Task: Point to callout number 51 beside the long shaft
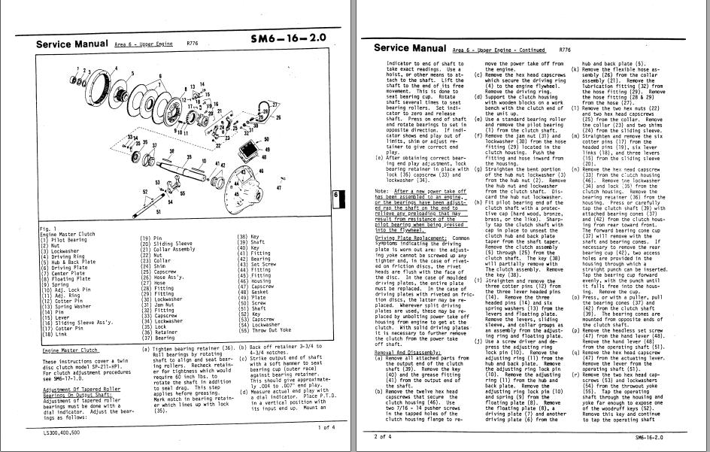(159, 213)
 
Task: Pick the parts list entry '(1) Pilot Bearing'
(63, 239)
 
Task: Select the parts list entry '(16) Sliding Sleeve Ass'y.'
(80, 321)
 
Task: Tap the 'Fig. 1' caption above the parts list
(47, 229)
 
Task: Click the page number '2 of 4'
(382, 435)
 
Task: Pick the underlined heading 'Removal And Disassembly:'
(409, 351)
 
